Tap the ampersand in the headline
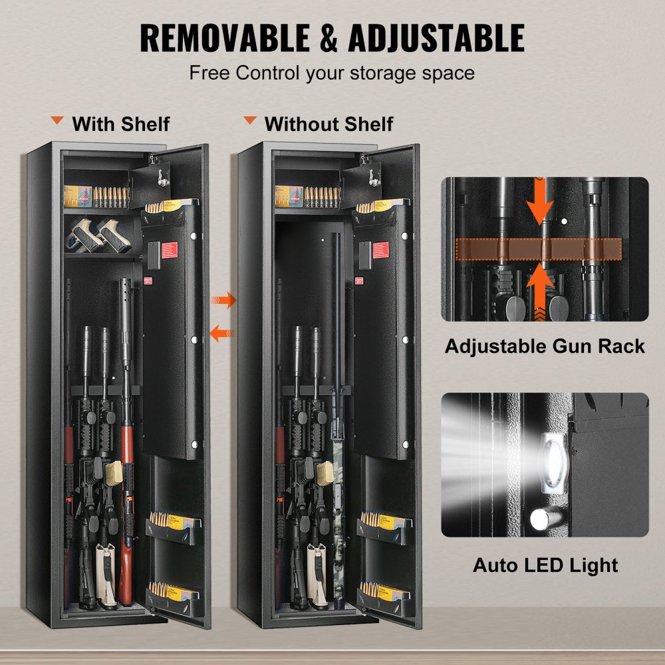pyautogui.click(x=331, y=38)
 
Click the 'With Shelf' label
pyautogui.click(x=121, y=124)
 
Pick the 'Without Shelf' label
pyautogui.click(x=329, y=124)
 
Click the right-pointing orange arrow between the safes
pyautogui.click(x=224, y=301)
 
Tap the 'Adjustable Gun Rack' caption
pyautogui.click(x=545, y=346)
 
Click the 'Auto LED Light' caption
pyautogui.click(x=545, y=565)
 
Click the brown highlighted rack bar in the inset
pyautogui.click(x=539, y=249)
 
